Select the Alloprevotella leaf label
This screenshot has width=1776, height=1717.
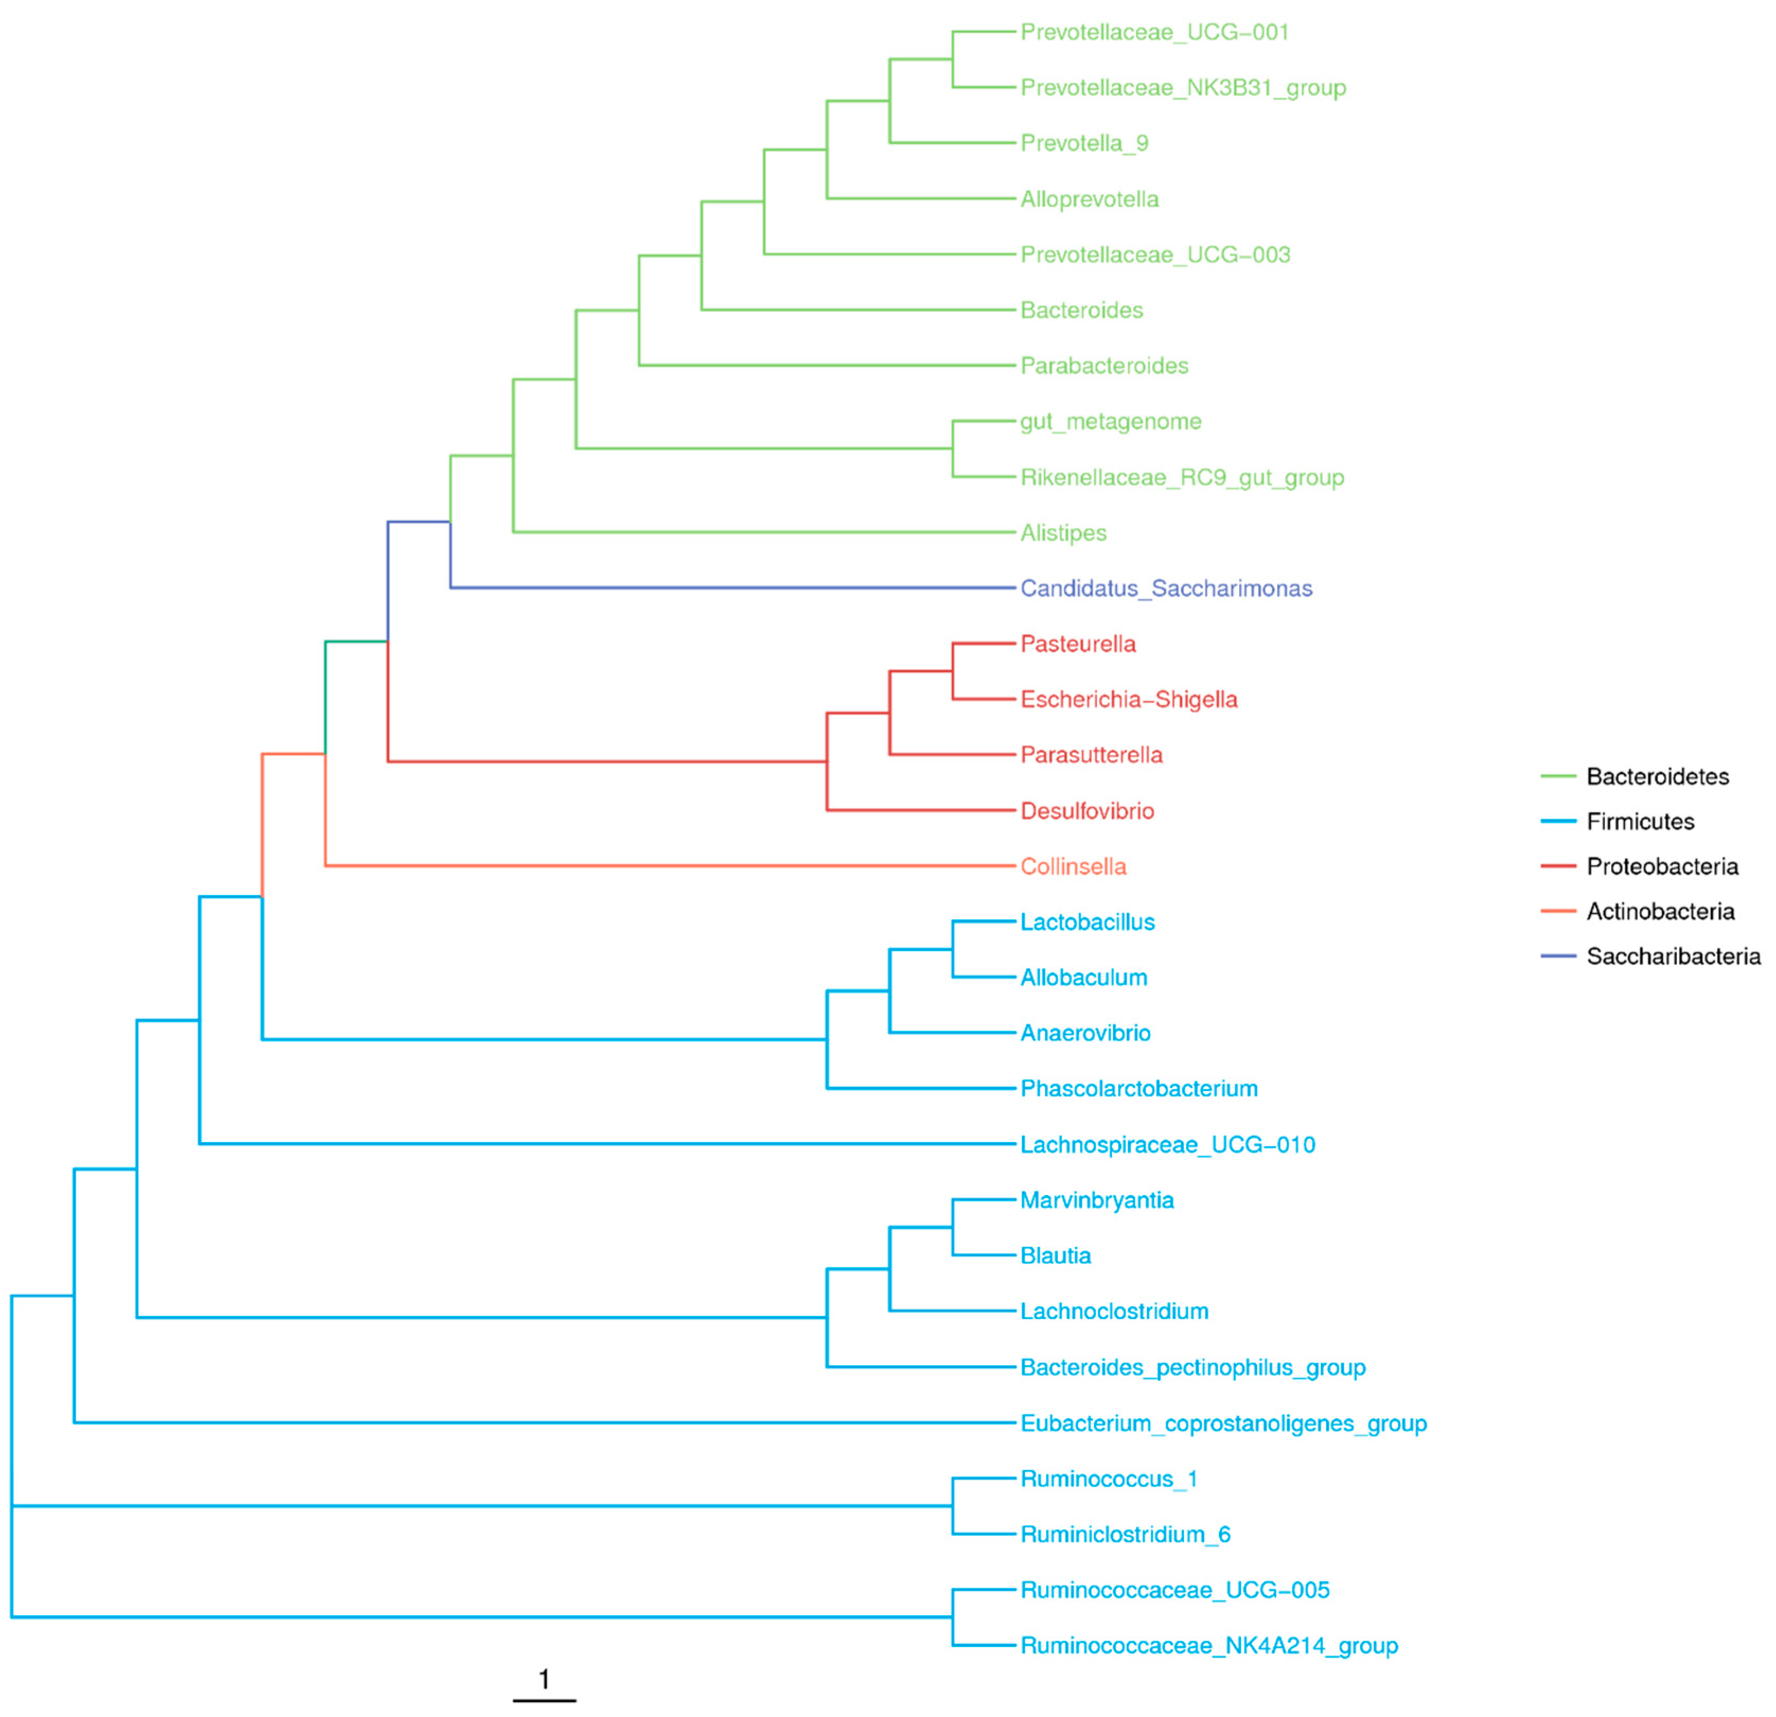[x=1089, y=199]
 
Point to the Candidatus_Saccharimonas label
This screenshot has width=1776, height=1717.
[x=1165, y=589]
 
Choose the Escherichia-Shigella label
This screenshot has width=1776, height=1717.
[x=1128, y=700]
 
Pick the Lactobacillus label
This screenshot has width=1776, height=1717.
[x=1088, y=923]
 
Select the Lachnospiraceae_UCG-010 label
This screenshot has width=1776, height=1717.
[x=1167, y=1145]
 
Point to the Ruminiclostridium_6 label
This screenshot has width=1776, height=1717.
[x=1125, y=1535]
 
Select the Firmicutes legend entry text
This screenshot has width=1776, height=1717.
[x=1640, y=822]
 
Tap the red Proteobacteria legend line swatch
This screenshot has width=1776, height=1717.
[x=1558, y=867]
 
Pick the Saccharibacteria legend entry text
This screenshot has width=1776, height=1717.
[x=1673, y=957]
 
